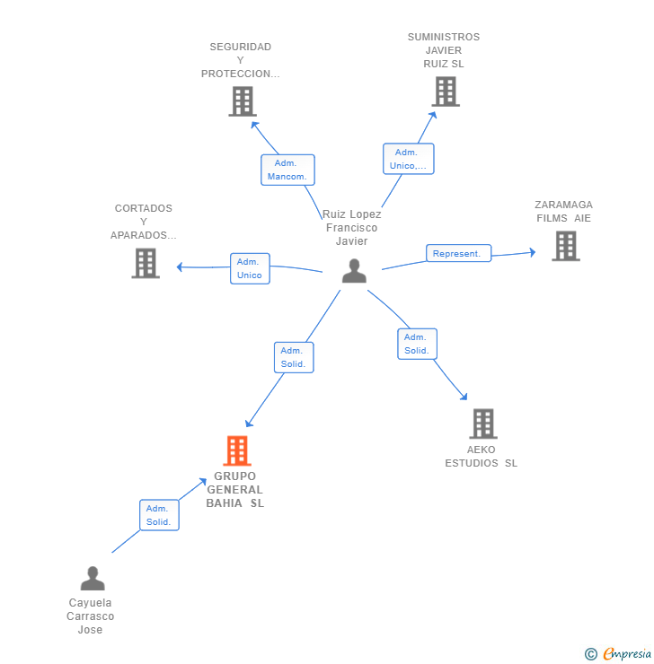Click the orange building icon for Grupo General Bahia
click(237, 450)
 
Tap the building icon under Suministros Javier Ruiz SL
click(446, 92)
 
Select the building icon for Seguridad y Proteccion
click(243, 101)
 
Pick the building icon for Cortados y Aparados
click(146, 263)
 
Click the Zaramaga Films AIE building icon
click(566, 246)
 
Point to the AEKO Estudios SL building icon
click(483, 424)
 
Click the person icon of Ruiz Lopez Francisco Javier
click(354, 271)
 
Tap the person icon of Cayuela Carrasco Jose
click(93, 579)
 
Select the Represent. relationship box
click(458, 253)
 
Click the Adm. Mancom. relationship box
click(287, 170)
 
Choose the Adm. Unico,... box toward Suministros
click(409, 159)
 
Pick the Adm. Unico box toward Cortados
click(250, 268)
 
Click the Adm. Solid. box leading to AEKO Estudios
click(417, 344)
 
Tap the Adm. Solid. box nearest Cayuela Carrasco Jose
click(159, 515)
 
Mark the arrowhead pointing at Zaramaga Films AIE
click(533, 252)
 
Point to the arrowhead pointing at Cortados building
click(180, 266)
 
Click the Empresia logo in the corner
click(618, 654)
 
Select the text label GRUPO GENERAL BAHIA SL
click(234, 490)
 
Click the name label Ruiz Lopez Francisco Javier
click(352, 227)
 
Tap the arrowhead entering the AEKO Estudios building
click(464, 397)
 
